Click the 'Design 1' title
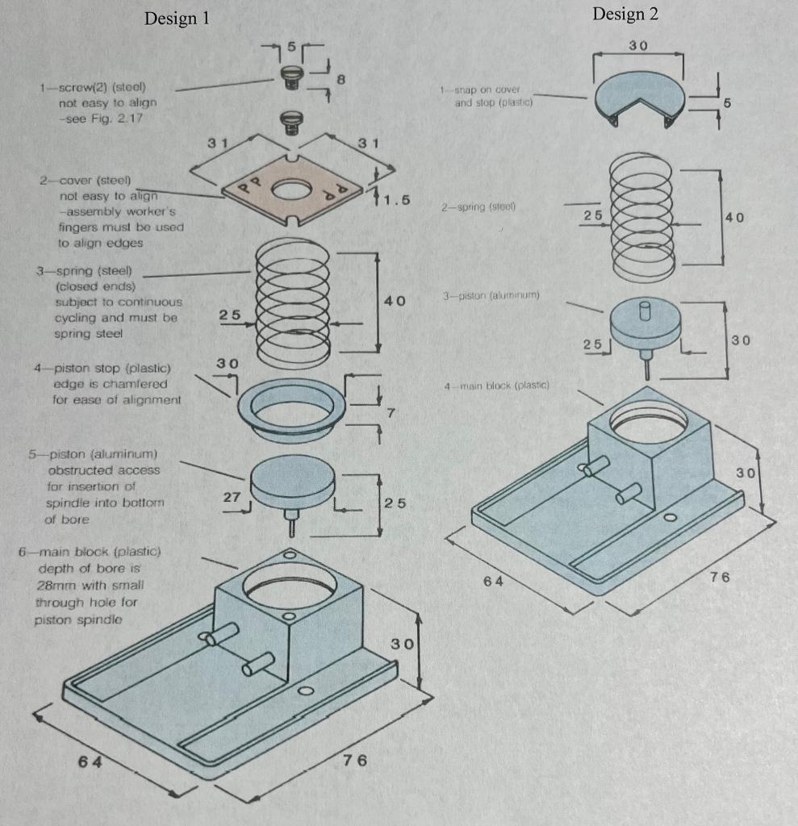click(177, 19)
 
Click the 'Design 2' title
click(625, 15)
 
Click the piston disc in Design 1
click(292, 482)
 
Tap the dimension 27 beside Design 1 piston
click(232, 497)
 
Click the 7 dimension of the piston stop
click(390, 414)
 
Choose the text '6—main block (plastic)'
click(90, 553)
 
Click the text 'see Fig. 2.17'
click(96, 119)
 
